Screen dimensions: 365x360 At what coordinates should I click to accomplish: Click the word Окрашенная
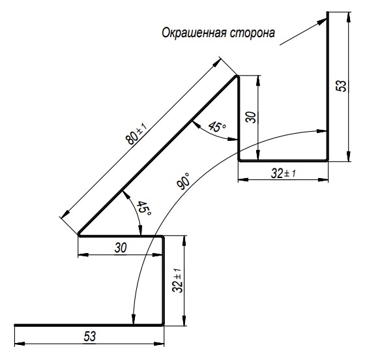point(194,33)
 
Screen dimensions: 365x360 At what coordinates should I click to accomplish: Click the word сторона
point(253,33)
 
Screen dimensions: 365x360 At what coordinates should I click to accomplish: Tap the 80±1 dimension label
point(136,134)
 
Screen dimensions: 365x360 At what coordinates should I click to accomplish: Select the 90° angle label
point(183,181)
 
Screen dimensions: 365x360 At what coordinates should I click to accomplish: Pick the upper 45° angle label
point(217,127)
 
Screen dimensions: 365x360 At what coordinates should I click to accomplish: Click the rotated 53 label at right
point(341,85)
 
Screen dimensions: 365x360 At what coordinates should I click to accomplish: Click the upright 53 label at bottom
point(90,337)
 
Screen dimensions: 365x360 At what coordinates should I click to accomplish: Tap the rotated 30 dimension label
point(251,117)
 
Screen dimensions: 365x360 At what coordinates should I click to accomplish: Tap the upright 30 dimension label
point(121,248)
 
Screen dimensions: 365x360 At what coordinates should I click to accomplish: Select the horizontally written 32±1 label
point(284,173)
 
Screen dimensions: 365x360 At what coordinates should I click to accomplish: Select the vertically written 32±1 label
point(177,280)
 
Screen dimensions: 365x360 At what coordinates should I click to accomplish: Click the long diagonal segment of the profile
point(158,155)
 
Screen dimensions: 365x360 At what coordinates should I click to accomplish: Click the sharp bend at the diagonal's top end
point(237,76)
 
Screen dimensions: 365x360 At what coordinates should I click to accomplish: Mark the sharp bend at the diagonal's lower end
point(79,235)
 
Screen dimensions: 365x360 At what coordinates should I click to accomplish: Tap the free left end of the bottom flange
point(15,325)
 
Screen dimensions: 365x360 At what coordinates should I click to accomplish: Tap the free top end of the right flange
point(328,12)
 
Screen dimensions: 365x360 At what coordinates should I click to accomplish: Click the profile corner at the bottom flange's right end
point(163,324)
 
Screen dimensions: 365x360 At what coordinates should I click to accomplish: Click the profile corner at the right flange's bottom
point(327,160)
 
